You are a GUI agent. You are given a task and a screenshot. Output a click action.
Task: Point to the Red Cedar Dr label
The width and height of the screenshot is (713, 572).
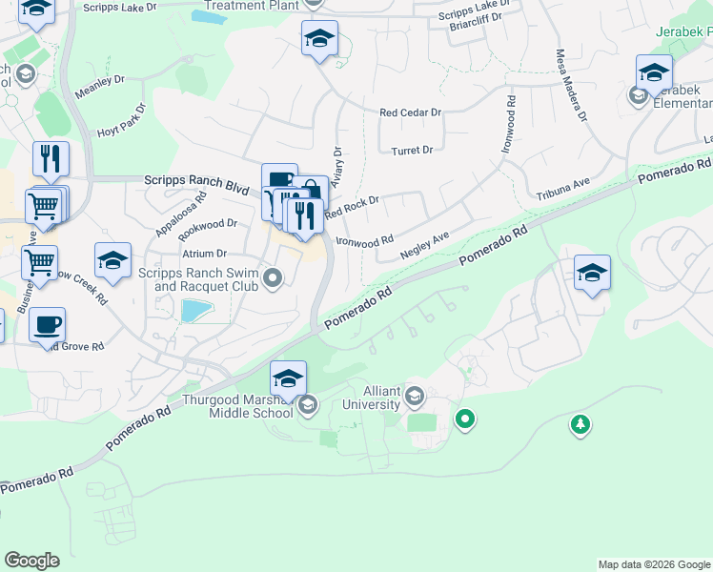point(410,112)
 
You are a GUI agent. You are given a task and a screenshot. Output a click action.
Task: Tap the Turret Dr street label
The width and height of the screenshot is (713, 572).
point(412,151)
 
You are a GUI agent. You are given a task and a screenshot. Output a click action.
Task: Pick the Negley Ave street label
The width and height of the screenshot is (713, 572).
point(425,245)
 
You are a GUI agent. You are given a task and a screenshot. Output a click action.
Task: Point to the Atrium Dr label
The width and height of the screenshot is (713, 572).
point(206,254)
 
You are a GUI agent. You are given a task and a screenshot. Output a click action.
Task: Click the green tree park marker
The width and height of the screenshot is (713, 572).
point(581,424)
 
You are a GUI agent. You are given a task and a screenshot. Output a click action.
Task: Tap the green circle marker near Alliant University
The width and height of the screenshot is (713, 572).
point(465,419)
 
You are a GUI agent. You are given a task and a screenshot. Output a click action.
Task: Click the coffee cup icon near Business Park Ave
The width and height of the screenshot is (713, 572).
point(47,326)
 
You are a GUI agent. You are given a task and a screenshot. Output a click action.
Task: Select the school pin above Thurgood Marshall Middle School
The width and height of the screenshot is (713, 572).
point(288,378)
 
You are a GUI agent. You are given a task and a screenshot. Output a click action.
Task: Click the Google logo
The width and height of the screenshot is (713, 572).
point(31,561)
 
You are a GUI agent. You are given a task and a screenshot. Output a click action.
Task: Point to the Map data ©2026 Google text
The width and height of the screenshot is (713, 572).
point(653,564)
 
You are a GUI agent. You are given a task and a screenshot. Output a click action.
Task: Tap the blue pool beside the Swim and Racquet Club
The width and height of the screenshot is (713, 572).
point(195,311)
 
